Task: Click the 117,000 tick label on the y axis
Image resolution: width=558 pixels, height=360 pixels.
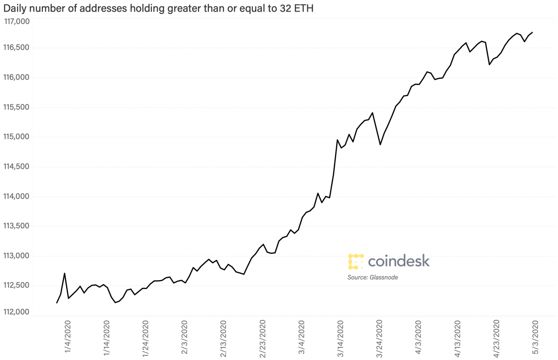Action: point(17,21)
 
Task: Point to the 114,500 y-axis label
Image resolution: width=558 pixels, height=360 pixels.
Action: point(17,167)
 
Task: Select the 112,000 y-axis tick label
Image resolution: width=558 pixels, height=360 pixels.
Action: point(17,312)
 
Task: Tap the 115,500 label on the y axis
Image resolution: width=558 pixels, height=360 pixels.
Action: point(17,107)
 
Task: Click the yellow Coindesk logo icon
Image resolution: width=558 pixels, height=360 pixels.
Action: point(355,261)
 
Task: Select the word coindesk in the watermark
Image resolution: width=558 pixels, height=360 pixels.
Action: point(399,261)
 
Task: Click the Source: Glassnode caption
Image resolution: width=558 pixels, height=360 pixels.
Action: point(373,277)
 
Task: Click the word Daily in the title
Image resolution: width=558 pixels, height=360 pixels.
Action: point(14,9)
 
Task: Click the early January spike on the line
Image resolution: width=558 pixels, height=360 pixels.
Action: point(64,273)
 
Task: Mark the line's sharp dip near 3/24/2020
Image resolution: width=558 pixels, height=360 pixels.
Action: point(380,145)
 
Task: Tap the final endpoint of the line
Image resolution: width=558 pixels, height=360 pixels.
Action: point(532,32)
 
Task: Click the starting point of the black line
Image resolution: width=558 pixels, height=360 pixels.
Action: point(57,303)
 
